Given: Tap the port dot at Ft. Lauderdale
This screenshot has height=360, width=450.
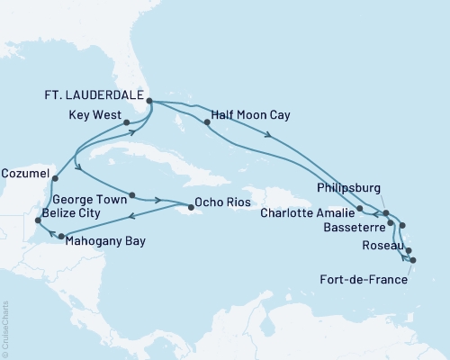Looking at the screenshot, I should tap(149, 102).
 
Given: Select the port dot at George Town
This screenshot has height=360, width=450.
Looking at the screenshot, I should tap(132, 195).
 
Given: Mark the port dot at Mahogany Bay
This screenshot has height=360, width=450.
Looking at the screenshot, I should tap(62, 238).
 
